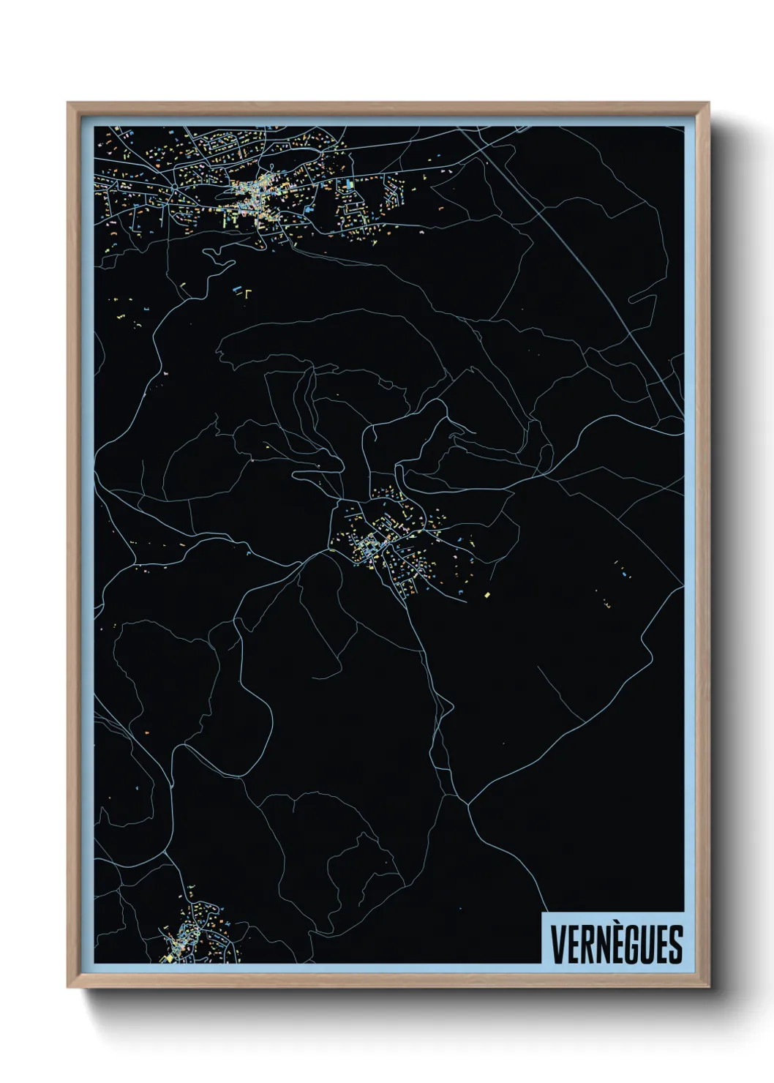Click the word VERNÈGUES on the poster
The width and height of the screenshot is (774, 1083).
click(x=616, y=944)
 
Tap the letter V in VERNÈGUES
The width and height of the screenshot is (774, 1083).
click(x=557, y=944)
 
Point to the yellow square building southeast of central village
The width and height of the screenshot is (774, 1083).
click(x=487, y=595)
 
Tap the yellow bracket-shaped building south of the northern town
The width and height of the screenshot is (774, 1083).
click(x=247, y=294)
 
